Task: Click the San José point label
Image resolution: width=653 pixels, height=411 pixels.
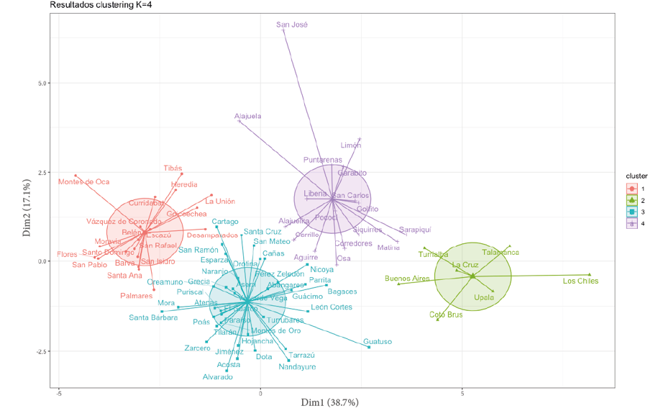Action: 292,24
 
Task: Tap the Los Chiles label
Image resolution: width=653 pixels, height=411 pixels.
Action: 580,281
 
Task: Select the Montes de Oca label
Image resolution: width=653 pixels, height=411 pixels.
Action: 83,181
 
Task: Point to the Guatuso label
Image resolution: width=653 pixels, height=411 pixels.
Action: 378,342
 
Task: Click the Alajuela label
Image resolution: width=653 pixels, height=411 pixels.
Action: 248,116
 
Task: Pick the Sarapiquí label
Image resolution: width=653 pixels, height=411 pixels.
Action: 415,229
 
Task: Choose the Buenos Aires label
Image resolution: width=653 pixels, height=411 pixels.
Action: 407,278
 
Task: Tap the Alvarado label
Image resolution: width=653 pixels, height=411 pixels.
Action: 217,376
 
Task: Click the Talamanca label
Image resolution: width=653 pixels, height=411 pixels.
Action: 501,252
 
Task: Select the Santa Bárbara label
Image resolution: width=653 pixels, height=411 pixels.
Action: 153,317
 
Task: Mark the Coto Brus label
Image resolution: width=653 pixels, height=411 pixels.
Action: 446,315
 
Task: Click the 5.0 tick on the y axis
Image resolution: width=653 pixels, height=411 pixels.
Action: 42,83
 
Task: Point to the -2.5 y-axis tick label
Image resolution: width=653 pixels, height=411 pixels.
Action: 41,351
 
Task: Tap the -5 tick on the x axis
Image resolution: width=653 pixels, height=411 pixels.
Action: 58,394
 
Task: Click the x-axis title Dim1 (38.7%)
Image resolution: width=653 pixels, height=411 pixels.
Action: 329,402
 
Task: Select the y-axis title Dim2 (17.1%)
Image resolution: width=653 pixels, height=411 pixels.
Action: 27,209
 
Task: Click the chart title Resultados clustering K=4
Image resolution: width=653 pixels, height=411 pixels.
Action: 101,5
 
